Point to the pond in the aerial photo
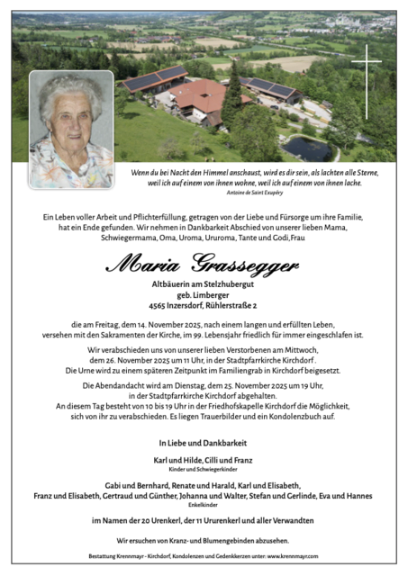309,147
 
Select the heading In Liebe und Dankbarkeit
203,443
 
